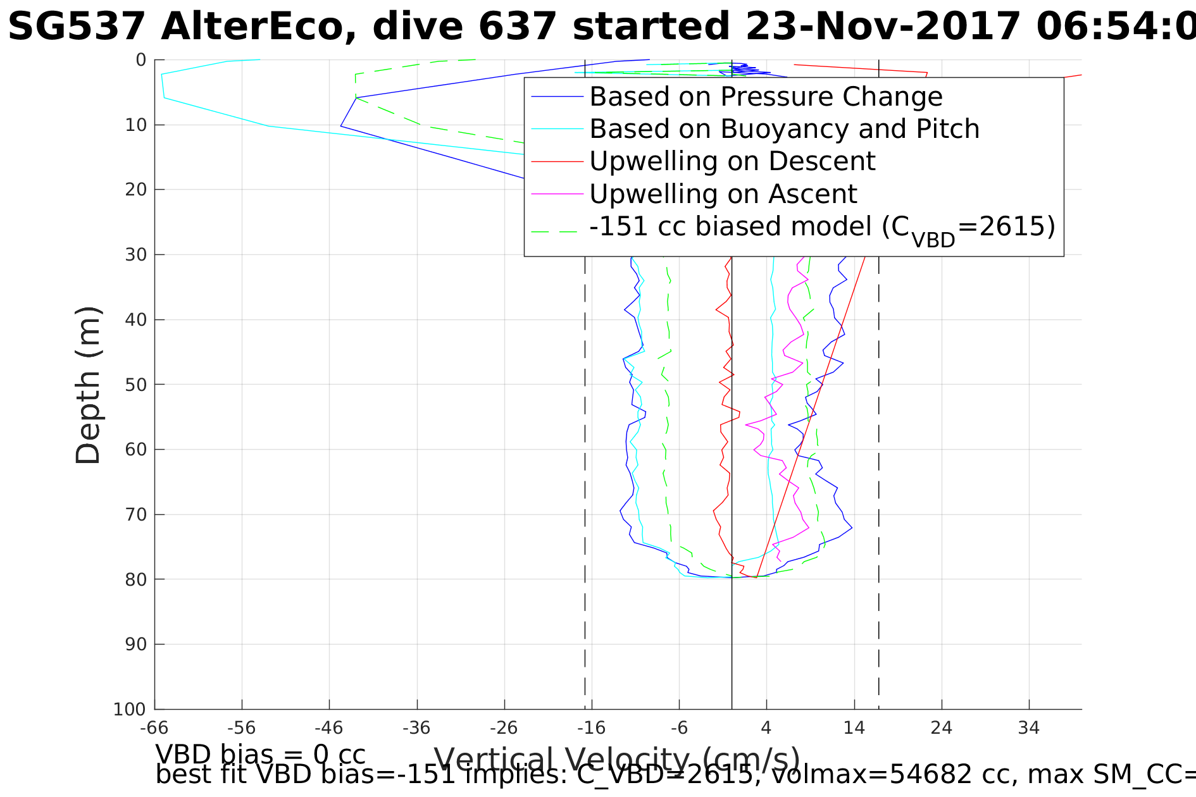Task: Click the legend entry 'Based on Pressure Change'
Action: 766,97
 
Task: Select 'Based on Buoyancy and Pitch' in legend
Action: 784,129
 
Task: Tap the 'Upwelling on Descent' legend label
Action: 732,161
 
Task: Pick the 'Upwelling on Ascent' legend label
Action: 723,194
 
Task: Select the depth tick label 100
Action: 130,709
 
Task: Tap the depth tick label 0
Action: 141,60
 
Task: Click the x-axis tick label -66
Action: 154,728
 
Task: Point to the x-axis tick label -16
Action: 591,728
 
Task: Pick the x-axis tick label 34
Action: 1029,728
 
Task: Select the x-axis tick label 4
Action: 766,728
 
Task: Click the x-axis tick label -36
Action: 416,728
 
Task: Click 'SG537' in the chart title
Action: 77,28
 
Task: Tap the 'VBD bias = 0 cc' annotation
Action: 260,755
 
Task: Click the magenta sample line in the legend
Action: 557,194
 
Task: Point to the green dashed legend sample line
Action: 557,232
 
